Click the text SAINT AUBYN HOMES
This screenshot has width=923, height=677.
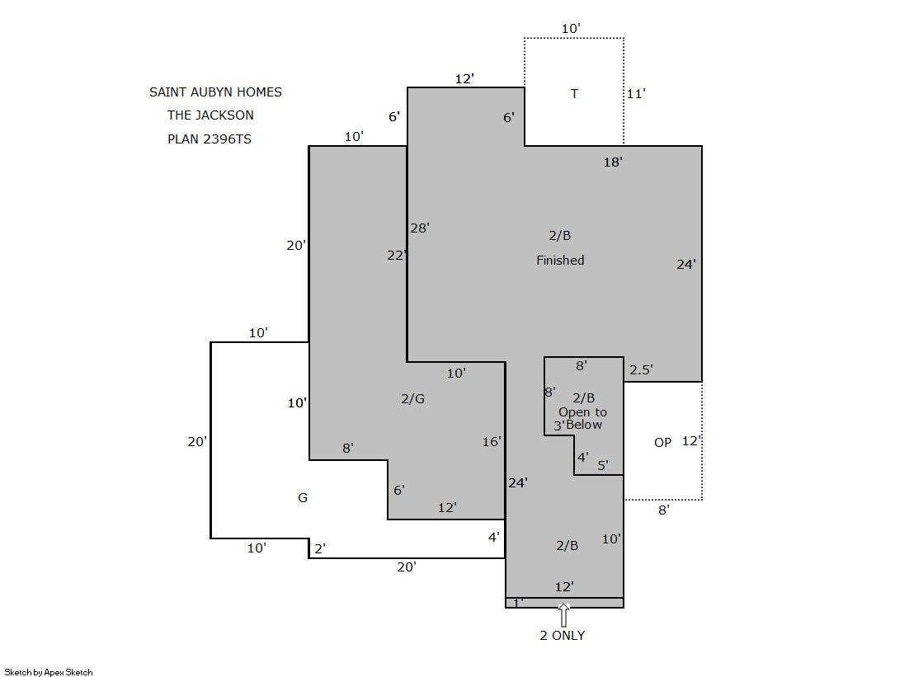pyautogui.click(x=215, y=92)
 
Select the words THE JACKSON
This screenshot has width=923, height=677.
pyautogui.click(x=210, y=115)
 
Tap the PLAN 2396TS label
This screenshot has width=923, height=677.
pyautogui.click(x=209, y=139)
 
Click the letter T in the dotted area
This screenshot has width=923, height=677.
pyautogui.click(x=575, y=94)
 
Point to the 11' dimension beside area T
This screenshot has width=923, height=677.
pyautogui.click(x=636, y=94)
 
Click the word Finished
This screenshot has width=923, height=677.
pyautogui.click(x=560, y=261)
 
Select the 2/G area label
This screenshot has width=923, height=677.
pyautogui.click(x=412, y=398)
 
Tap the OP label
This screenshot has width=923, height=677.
pyautogui.click(x=663, y=442)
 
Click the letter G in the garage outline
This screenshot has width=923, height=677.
pyautogui.click(x=303, y=497)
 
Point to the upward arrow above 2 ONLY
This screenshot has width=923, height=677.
pyautogui.click(x=564, y=615)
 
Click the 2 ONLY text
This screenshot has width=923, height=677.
pyautogui.click(x=563, y=635)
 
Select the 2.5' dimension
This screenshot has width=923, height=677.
pyautogui.click(x=641, y=369)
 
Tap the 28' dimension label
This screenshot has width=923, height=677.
pyautogui.click(x=420, y=228)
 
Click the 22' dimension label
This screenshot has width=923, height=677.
pyautogui.click(x=397, y=255)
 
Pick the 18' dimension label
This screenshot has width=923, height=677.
pyautogui.click(x=613, y=162)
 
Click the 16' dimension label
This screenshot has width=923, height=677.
pyautogui.click(x=492, y=441)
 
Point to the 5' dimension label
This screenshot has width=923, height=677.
pyautogui.click(x=603, y=466)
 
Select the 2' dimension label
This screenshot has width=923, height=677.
pyautogui.click(x=320, y=548)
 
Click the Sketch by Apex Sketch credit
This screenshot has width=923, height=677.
pyautogui.click(x=49, y=672)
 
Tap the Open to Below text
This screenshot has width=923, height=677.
pyautogui.click(x=582, y=418)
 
